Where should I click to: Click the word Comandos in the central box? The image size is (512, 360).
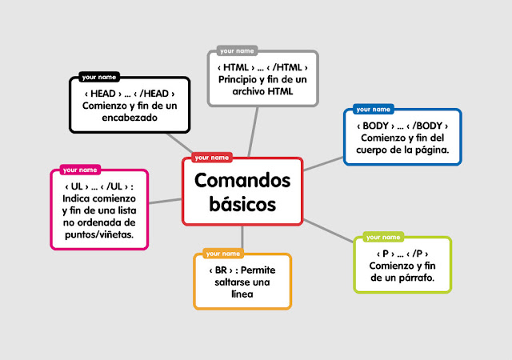pos(242,180)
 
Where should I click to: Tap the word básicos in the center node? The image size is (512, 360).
pos(242,204)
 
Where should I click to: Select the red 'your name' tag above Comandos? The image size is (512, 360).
pos(212,158)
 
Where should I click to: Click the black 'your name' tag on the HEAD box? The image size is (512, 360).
pos(98,78)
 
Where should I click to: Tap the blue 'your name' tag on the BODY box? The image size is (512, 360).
pos(373,109)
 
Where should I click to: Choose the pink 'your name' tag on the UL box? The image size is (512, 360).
pos(80,170)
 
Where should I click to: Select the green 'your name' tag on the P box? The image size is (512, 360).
pos(383,237)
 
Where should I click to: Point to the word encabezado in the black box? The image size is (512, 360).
pos(130,117)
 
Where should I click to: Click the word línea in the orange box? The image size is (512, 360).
pos(242,294)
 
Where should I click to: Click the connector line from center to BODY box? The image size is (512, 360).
pos(323,162)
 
